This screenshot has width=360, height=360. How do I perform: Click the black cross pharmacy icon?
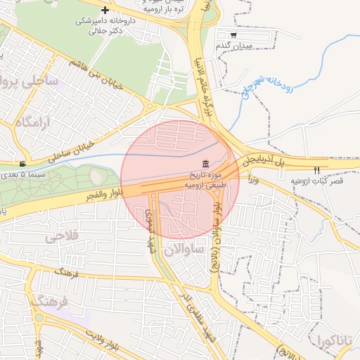(x=105, y=10)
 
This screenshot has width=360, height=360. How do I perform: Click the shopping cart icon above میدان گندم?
(x=233, y=34)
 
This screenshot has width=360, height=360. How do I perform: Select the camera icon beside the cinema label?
(x=23, y=165)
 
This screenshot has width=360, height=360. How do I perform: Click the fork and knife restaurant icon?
(x=317, y=170)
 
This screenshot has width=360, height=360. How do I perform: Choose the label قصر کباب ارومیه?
(x=317, y=181)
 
